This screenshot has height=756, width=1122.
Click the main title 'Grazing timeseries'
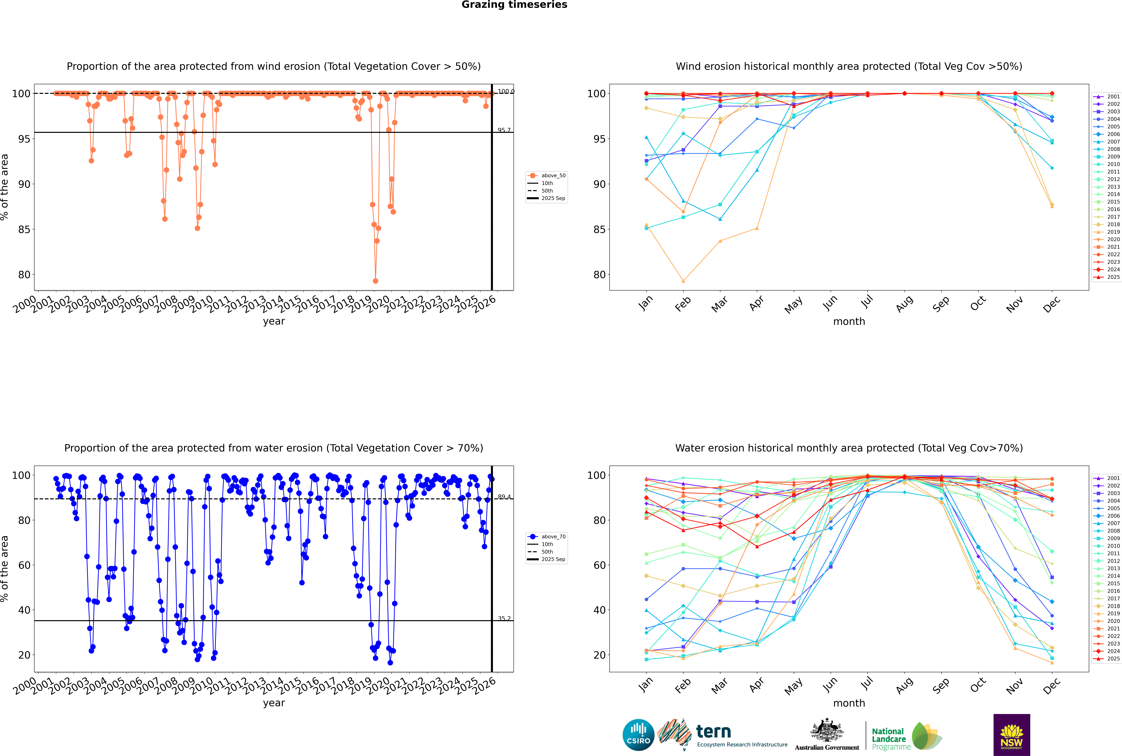(x=514, y=5)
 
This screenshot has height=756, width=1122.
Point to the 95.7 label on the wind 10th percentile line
(x=504, y=130)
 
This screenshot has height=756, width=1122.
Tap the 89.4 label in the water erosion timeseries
(x=504, y=497)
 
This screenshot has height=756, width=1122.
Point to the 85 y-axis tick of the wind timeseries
(x=24, y=230)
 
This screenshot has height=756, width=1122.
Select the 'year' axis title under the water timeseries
(x=274, y=703)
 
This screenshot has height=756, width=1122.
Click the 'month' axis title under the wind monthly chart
(x=849, y=322)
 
